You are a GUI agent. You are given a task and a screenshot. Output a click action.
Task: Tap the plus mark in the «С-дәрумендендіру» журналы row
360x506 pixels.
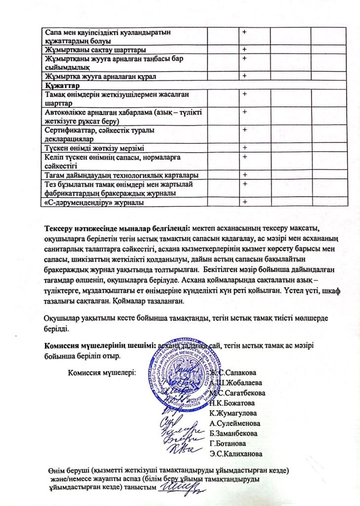point(244,202)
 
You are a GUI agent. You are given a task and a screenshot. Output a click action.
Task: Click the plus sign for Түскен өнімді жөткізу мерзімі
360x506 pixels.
point(244,147)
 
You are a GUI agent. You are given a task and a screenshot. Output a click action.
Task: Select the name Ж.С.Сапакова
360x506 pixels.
point(236,373)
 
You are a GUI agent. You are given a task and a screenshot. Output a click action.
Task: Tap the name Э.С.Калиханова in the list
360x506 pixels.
point(236,453)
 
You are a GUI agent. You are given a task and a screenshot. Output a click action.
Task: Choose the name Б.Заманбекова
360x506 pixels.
point(234,433)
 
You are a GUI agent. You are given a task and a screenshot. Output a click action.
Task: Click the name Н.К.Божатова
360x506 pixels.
point(233,403)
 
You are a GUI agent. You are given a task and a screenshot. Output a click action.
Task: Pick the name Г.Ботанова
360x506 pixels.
point(229,443)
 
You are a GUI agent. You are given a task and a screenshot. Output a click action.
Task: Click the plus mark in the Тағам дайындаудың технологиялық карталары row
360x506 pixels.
point(244,174)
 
